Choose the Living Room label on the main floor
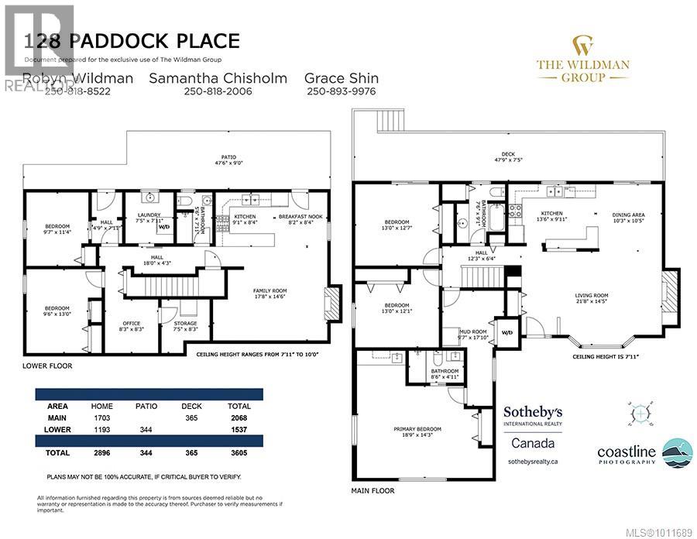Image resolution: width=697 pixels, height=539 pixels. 591,295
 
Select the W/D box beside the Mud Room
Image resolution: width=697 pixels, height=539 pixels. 508,333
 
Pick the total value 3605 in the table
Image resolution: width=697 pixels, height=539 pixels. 239,452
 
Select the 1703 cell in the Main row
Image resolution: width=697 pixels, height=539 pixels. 101,417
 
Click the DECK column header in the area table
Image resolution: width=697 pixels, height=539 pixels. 192,406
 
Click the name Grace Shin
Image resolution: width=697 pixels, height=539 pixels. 341,78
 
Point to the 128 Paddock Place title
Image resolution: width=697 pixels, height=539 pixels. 132,41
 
